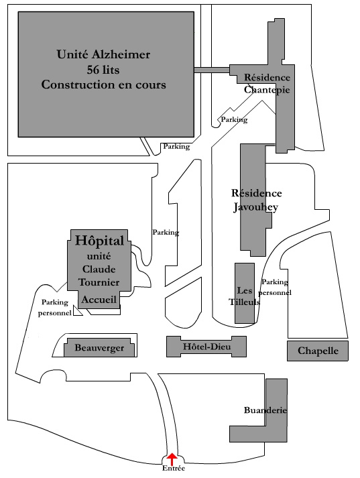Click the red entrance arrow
(x=172, y=458)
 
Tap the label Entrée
(x=174, y=468)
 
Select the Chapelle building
(x=318, y=351)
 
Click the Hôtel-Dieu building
(x=206, y=347)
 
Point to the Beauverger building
(x=99, y=347)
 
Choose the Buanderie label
(x=265, y=410)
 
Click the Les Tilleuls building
(x=245, y=293)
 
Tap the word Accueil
(x=99, y=300)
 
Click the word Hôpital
(x=100, y=241)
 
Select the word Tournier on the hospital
(x=99, y=282)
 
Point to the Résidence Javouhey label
(x=256, y=200)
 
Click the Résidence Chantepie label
(x=267, y=84)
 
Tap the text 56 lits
(x=103, y=70)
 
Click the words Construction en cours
(x=104, y=84)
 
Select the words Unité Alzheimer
(x=103, y=54)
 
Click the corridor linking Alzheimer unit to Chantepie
(x=212, y=70)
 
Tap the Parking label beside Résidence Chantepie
(x=234, y=119)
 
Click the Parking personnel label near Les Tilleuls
(x=275, y=287)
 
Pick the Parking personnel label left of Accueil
(x=55, y=308)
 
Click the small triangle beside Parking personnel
(x=77, y=312)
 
